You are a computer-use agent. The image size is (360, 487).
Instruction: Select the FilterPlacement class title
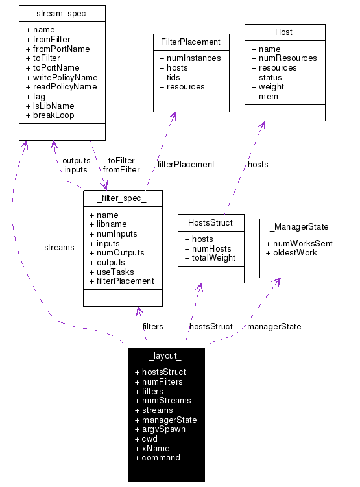coord(191,42)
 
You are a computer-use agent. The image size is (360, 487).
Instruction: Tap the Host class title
coord(283,32)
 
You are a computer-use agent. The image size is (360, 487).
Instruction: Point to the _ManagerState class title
coord(300,227)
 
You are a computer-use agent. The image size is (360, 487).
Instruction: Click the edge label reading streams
coord(59,247)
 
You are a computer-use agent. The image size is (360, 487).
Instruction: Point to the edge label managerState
coord(274,326)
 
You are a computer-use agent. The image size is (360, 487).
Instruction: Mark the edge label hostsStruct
coord(210,326)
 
